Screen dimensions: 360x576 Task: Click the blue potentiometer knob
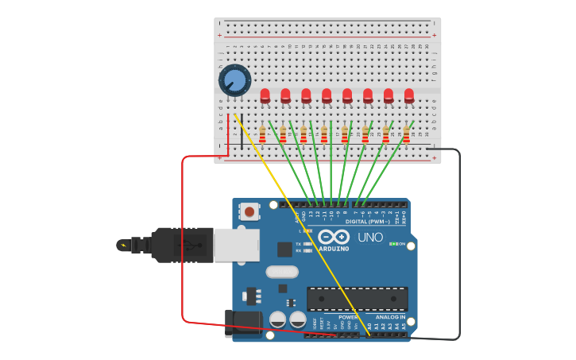click(234, 80)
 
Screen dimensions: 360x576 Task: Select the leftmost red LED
click(265, 96)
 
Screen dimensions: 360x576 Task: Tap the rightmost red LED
click(409, 96)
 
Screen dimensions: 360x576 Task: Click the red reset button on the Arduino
click(249, 211)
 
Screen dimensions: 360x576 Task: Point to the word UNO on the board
click(370, 237)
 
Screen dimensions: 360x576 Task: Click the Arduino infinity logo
click(334, 237)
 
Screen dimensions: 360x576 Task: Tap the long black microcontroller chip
click(357, 299)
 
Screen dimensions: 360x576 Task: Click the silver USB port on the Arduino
click(236, 244)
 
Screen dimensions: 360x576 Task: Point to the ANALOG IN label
click(390, 317)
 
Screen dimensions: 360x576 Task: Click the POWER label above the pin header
click(348, 317)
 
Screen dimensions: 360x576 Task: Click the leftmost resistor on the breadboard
click(262, 134)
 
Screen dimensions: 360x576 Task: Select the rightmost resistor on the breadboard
click(406, 134)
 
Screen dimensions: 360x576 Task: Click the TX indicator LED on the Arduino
click(307, 244)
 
